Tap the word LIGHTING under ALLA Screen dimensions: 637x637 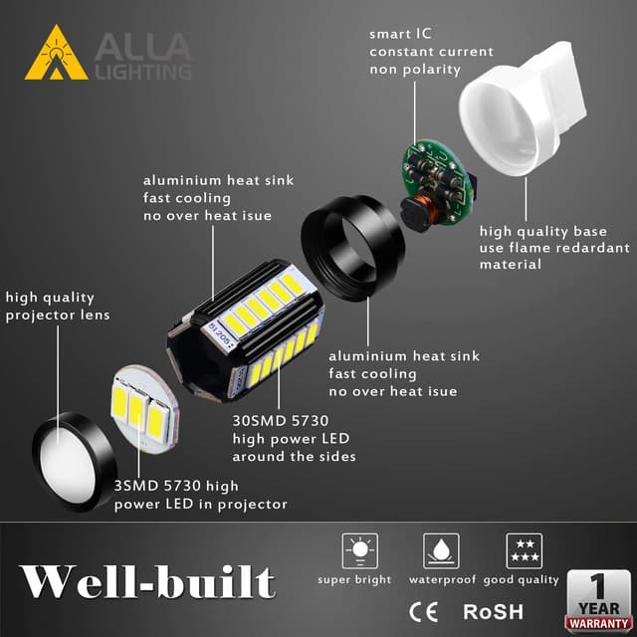tap(143, 72)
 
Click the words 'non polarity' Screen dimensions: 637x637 tap(416, 71)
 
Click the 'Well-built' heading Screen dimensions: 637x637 tap(147, 581)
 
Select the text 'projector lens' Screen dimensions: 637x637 tap(58, 316)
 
